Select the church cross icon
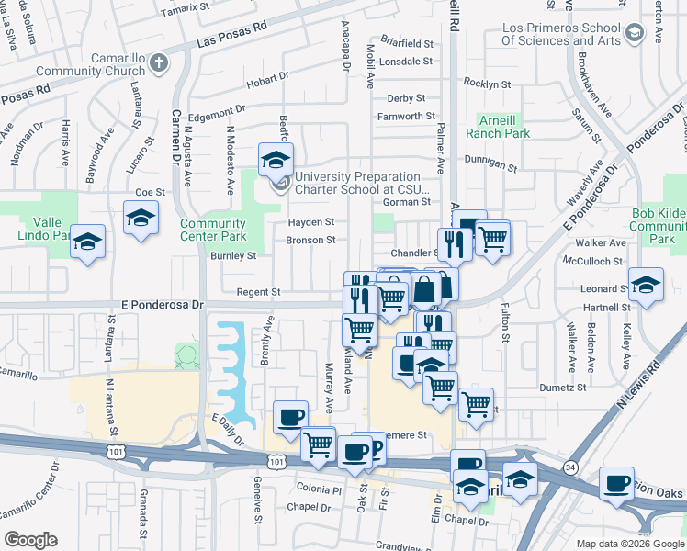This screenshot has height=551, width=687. pos(159,63)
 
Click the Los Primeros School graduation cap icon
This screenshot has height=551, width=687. pos(634,35)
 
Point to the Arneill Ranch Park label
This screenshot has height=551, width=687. pos(504,127)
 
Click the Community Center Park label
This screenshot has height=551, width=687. pos(213,231)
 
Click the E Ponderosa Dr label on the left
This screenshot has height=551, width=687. pos(160,306)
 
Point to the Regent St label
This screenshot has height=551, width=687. pos(258,292)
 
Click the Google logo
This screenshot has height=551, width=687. pos(30,540)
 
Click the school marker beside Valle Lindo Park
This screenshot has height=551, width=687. pos(88,243)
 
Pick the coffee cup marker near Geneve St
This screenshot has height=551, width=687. pos(291,418)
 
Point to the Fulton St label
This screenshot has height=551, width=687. pos(505,325)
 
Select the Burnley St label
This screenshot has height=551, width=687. pos(233,256)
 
